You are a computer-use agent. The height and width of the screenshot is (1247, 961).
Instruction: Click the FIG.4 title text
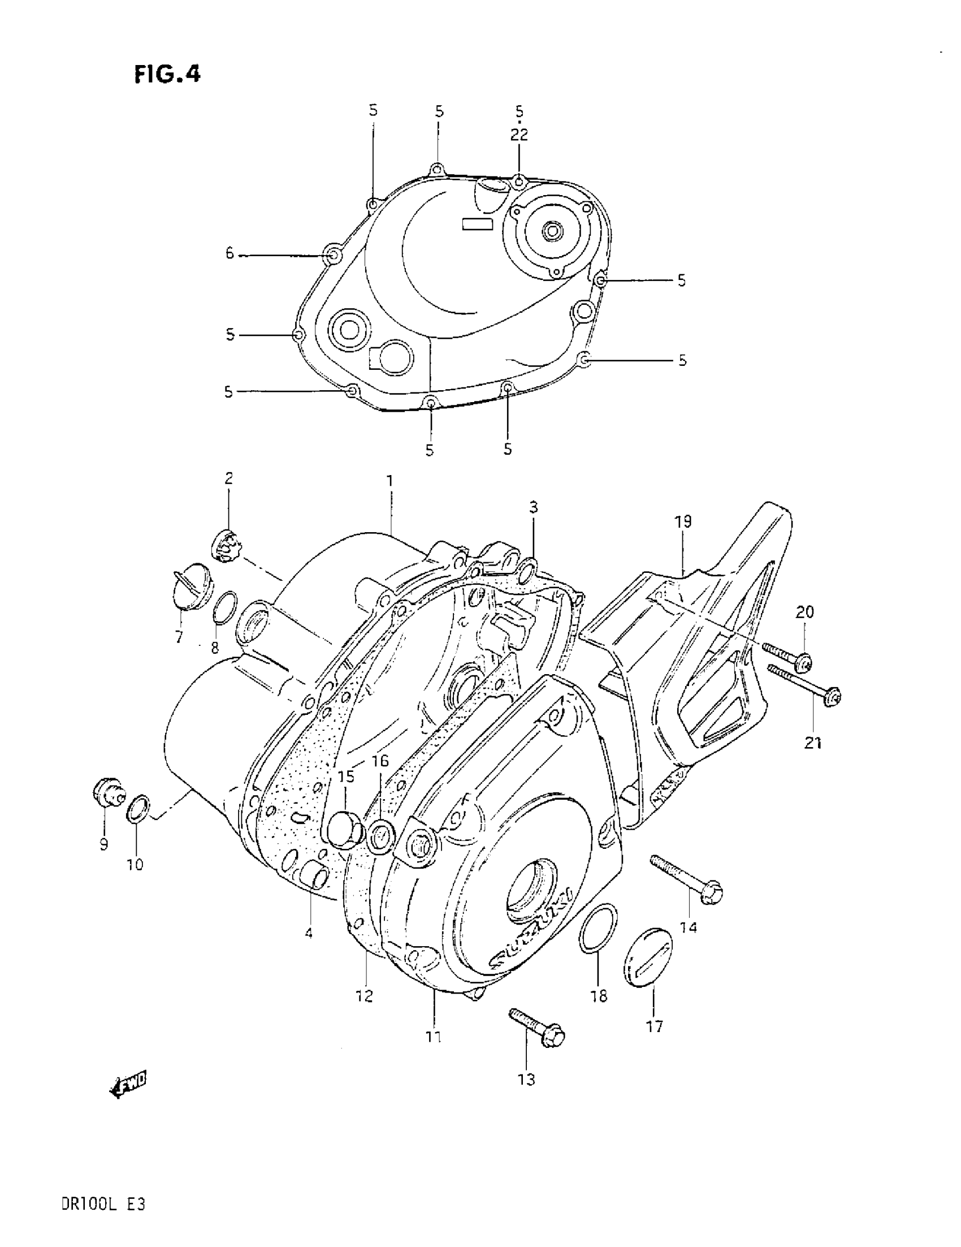pos(167,74)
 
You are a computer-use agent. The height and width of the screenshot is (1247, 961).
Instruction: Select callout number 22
pos(519,135)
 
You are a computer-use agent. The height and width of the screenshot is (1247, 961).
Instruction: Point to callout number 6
pos(230,253)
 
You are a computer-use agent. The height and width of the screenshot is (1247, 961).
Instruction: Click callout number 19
pos(682,522)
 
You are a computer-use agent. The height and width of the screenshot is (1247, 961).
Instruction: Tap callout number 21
pos(813,743)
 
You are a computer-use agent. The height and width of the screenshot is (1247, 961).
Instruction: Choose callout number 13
pos(526,1079)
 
